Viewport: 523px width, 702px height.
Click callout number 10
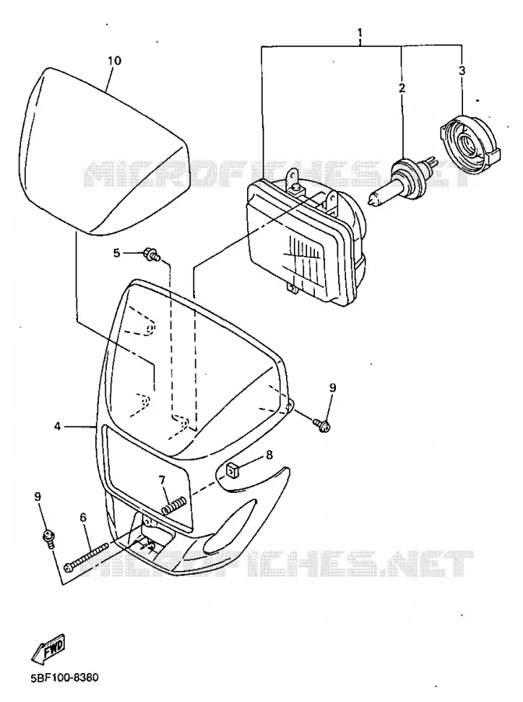coord(115,60)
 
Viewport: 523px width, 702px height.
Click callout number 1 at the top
coord(359,33)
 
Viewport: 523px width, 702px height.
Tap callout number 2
coord(401,87)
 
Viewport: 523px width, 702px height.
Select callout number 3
coord(462,71)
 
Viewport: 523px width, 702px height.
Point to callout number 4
coord(57,426)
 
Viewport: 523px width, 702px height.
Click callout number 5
coord(117,253)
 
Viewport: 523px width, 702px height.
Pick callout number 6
coord(83,518)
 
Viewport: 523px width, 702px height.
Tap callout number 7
coord(162,480)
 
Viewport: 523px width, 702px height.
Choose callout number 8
coord(269,455)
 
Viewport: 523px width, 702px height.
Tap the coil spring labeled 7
coord(173,507)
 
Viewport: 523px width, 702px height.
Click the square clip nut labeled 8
coord(231,470)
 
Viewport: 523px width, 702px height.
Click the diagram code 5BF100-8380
coord(65,677)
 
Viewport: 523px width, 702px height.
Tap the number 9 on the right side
coord(332,388)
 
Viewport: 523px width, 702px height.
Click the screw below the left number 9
coord(48,537)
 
